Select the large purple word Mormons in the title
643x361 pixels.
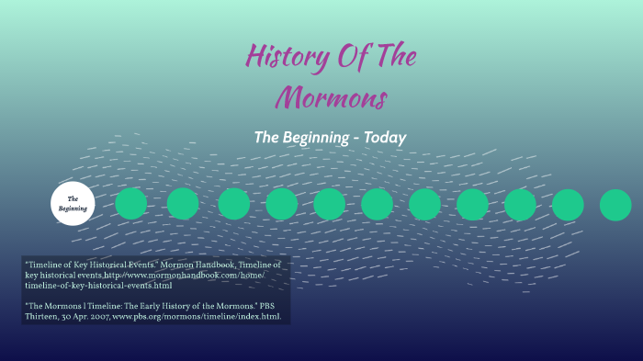coord(332,96)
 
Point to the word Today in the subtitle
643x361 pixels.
coord(384,137)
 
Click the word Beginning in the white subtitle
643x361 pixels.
coord(313,137)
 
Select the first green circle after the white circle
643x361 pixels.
coord(130,204)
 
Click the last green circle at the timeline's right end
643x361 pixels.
coord(615,204)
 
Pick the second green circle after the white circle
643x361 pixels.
coord(182,204)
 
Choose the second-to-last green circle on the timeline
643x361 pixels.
coord(568,204)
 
